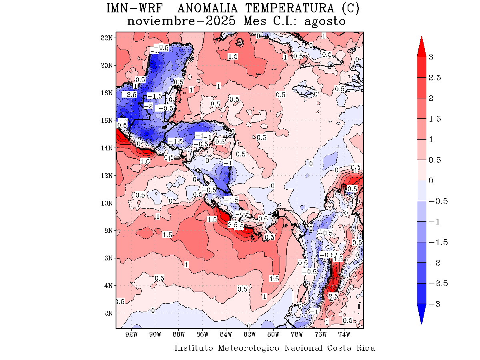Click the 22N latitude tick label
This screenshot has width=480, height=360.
[107, 38]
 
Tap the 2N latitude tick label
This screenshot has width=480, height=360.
[108, 313]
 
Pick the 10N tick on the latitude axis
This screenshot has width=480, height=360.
[107, 203]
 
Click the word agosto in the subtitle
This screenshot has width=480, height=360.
[324, 21]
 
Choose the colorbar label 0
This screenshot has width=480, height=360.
[431, 181]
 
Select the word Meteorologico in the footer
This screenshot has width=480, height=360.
[249, 348]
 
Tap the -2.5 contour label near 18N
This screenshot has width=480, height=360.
[129, 95]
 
